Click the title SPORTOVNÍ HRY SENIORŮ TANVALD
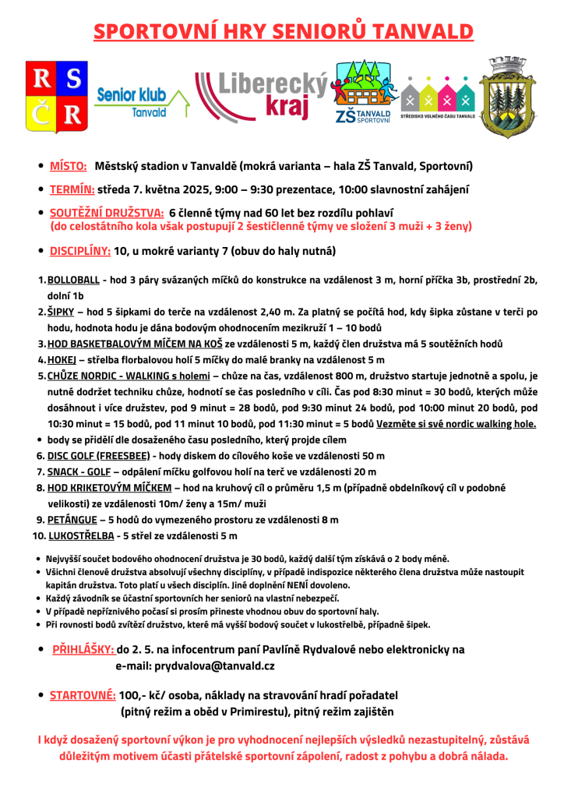tap(282, 31)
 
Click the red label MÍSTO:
tap(68, 166)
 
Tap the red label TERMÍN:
tap(72, 189)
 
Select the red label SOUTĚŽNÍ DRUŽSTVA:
tap(105, 212)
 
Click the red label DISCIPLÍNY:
tap(80, 251)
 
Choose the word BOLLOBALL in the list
tap(73, 280)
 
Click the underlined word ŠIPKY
tap(60, 312)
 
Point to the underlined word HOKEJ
tap(62, 359)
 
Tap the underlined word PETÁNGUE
tap(72, 520)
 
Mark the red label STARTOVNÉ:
tap(83, 695)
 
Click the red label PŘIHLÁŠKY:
tap(83, 649)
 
